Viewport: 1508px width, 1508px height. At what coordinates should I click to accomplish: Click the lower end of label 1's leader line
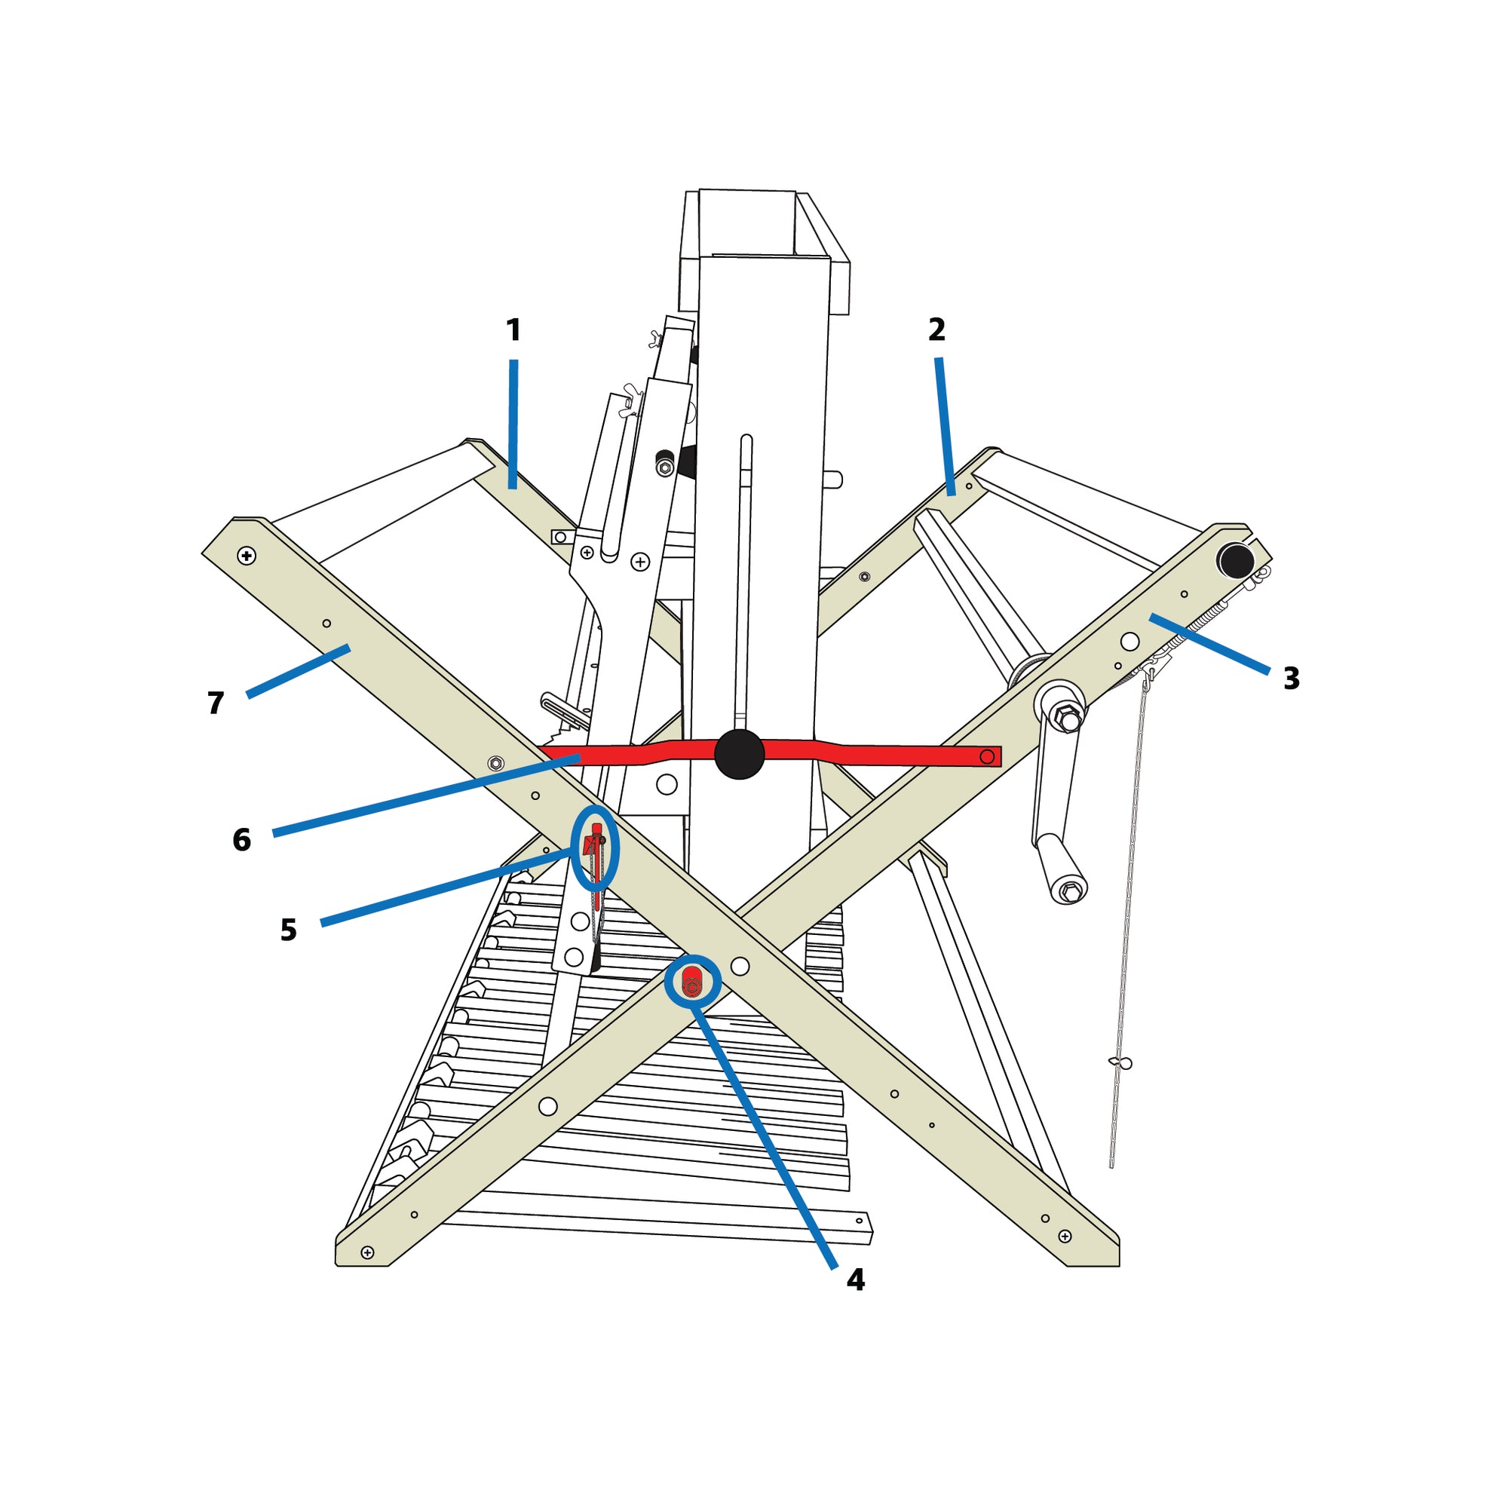[x=513, y=488]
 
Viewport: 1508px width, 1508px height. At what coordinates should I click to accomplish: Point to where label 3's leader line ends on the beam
[x=1151, y=617]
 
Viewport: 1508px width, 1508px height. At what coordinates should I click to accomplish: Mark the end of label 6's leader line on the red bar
[x=579, y=756]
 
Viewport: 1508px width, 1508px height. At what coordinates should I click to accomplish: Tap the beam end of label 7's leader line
[x=348, y=648]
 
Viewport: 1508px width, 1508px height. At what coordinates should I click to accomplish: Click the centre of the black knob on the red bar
[x=739, y=754]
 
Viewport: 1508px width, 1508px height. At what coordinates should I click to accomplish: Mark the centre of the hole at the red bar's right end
[x=986, y=756]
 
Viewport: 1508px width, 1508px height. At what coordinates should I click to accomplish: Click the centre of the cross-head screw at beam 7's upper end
[x=247, y=556]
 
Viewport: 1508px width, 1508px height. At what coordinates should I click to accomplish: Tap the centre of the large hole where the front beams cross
[x=740, y=967]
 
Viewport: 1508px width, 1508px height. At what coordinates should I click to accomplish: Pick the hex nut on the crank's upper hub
[x=1065, y=716]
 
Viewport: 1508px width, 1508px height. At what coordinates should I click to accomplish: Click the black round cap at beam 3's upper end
[x=1236, y=561]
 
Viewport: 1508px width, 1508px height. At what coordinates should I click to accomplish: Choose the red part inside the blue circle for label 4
[x=691, y=982]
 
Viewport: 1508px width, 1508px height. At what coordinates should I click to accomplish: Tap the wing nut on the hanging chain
[x=1120, y=1062]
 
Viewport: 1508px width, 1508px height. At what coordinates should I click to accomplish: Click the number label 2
[x=936, y=329]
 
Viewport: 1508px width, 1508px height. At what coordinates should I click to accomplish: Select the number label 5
[x=289, y=930]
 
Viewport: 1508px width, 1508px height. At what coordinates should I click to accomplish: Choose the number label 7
[x=216, y=703]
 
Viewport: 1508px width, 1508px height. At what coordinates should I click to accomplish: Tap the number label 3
[x=1292, y=679]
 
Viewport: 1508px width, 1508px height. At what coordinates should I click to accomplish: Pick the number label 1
[x=513, y=330]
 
